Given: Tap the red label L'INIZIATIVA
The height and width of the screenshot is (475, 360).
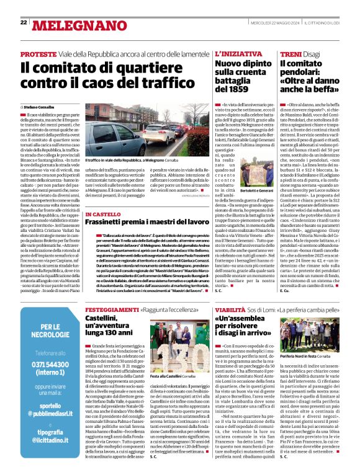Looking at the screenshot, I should pos(233,55).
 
